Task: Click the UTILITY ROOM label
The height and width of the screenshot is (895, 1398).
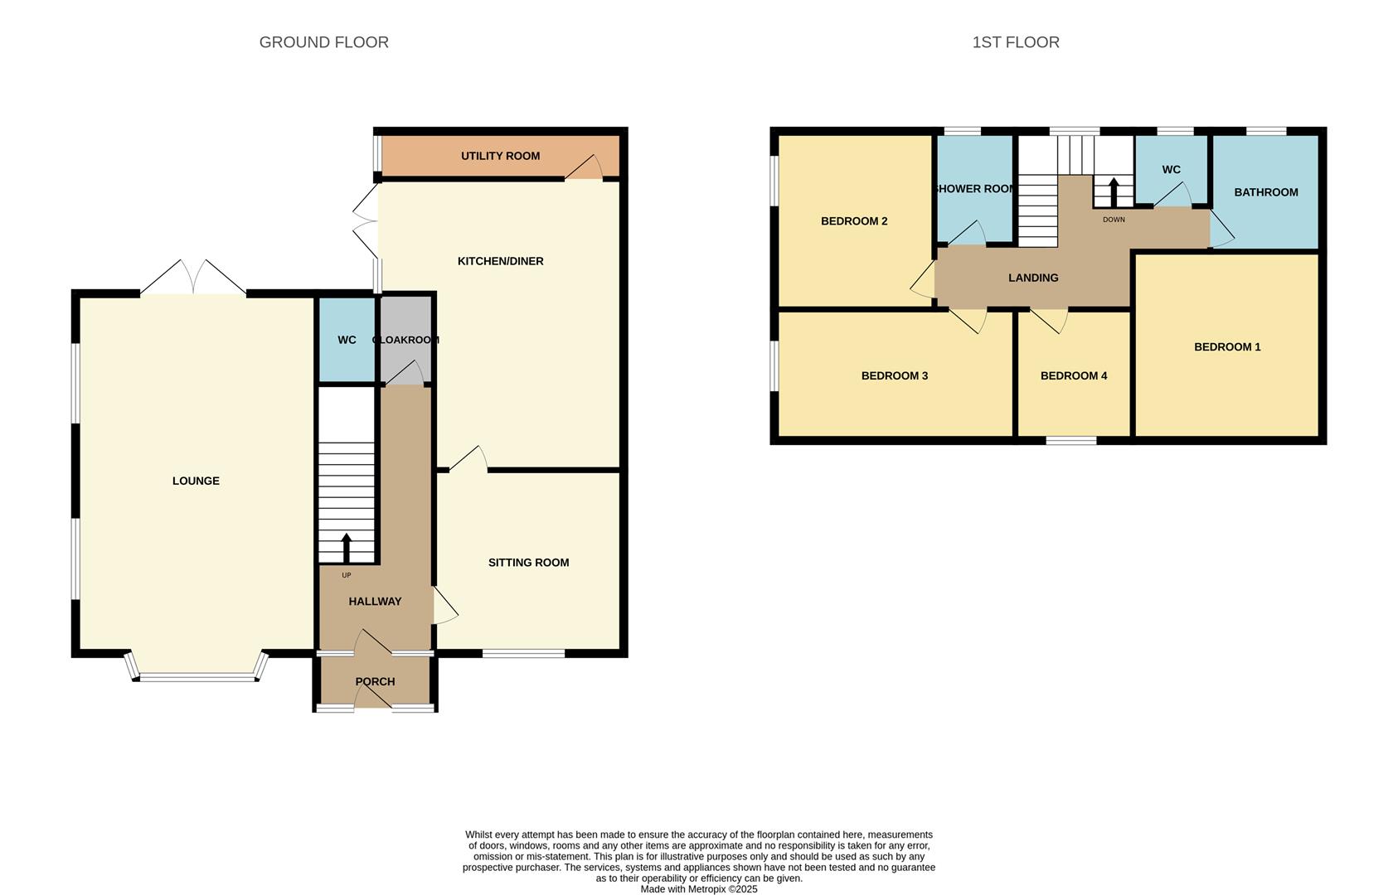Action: [x=500, y=156]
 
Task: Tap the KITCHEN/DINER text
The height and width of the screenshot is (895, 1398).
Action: [x=500, y=261]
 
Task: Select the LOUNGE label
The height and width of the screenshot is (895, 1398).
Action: [x=196, y=481]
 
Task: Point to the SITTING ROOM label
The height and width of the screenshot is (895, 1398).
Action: [x=528, y=563]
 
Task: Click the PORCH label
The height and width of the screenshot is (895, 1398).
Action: [x=375, y=681]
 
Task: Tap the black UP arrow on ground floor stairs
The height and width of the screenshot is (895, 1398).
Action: [x=347, y=548]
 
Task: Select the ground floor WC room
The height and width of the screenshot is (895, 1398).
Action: [x=347, y=340]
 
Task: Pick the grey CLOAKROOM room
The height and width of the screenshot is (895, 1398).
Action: [x=405, y=340]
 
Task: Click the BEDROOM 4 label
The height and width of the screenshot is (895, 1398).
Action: [x=1074, y=375]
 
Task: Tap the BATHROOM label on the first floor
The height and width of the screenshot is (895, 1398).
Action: [x=1265, y=192]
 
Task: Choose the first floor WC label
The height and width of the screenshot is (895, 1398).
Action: [x=1171, y=170]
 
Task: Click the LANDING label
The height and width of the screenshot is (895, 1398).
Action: [x=1033, y=278]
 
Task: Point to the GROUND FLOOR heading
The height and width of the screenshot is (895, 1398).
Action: [x=323, y=42]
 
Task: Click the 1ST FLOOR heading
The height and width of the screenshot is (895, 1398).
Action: [x=1015, y=42]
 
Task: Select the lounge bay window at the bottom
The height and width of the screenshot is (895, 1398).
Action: [x=197, y=677]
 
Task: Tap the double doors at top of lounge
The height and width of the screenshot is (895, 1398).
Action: [x=193, y=278]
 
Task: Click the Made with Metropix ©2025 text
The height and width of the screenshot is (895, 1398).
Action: [x=698, y=889]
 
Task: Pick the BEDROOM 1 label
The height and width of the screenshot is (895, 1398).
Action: [x=1226, y=347]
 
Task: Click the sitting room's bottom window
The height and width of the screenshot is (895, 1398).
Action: [x=523, y=654]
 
